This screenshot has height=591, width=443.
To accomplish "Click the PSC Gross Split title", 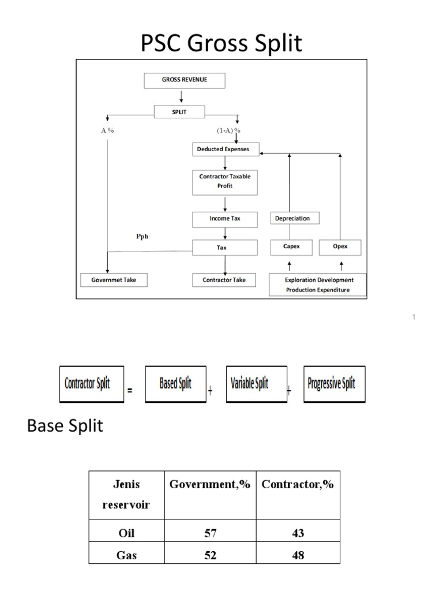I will pyautogui.click(x=221, y=44).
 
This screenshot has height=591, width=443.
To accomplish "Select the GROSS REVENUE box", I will pyautogui.click(x=183, y=80).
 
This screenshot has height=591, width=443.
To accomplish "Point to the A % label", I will pyautogui.click(x=107, y=130).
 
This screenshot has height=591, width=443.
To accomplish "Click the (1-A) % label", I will pyautogui.click(x=228, y=130).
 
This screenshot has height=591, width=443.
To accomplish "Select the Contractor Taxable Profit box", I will pyautogui.click(x=224, y=182).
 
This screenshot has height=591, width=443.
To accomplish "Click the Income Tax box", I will pyautogui.click(x=224, y=219).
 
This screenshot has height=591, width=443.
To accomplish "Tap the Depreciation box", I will pyautogui.click(x=295, y=218).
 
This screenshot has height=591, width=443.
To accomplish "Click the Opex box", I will pyautogui.click(x=340, y=248).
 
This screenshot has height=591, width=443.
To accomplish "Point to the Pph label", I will pyautogui.click(x=142, y=236).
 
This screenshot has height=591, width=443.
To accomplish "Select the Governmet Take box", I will pyautogui.click(x=114, y=280).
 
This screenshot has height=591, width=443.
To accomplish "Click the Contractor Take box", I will pyautogui.click(x=224, y=280).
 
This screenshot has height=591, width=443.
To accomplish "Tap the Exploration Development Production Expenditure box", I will pyautogui.click(x=318, y=285).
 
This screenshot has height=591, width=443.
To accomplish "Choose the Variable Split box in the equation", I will pyautogui.click(x=256, y=383).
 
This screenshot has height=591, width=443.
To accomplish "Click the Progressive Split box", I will pyautogui.click(x=334, y=383).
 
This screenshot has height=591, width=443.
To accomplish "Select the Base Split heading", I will pyautogui.click(x=65, y=427).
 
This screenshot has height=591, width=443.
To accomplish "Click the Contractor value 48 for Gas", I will pyautogui.click(x=298, y=555).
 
